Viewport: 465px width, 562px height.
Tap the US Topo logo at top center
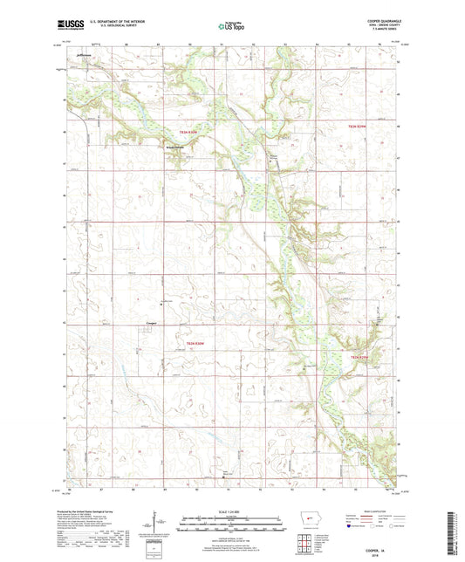click(231, 27)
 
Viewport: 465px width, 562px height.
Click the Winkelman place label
click(177, 146)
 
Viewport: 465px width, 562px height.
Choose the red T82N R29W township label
click(361, 356)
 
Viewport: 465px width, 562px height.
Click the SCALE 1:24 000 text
click(231, 511)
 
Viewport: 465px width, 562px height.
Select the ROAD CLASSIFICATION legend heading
click(376, 511)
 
